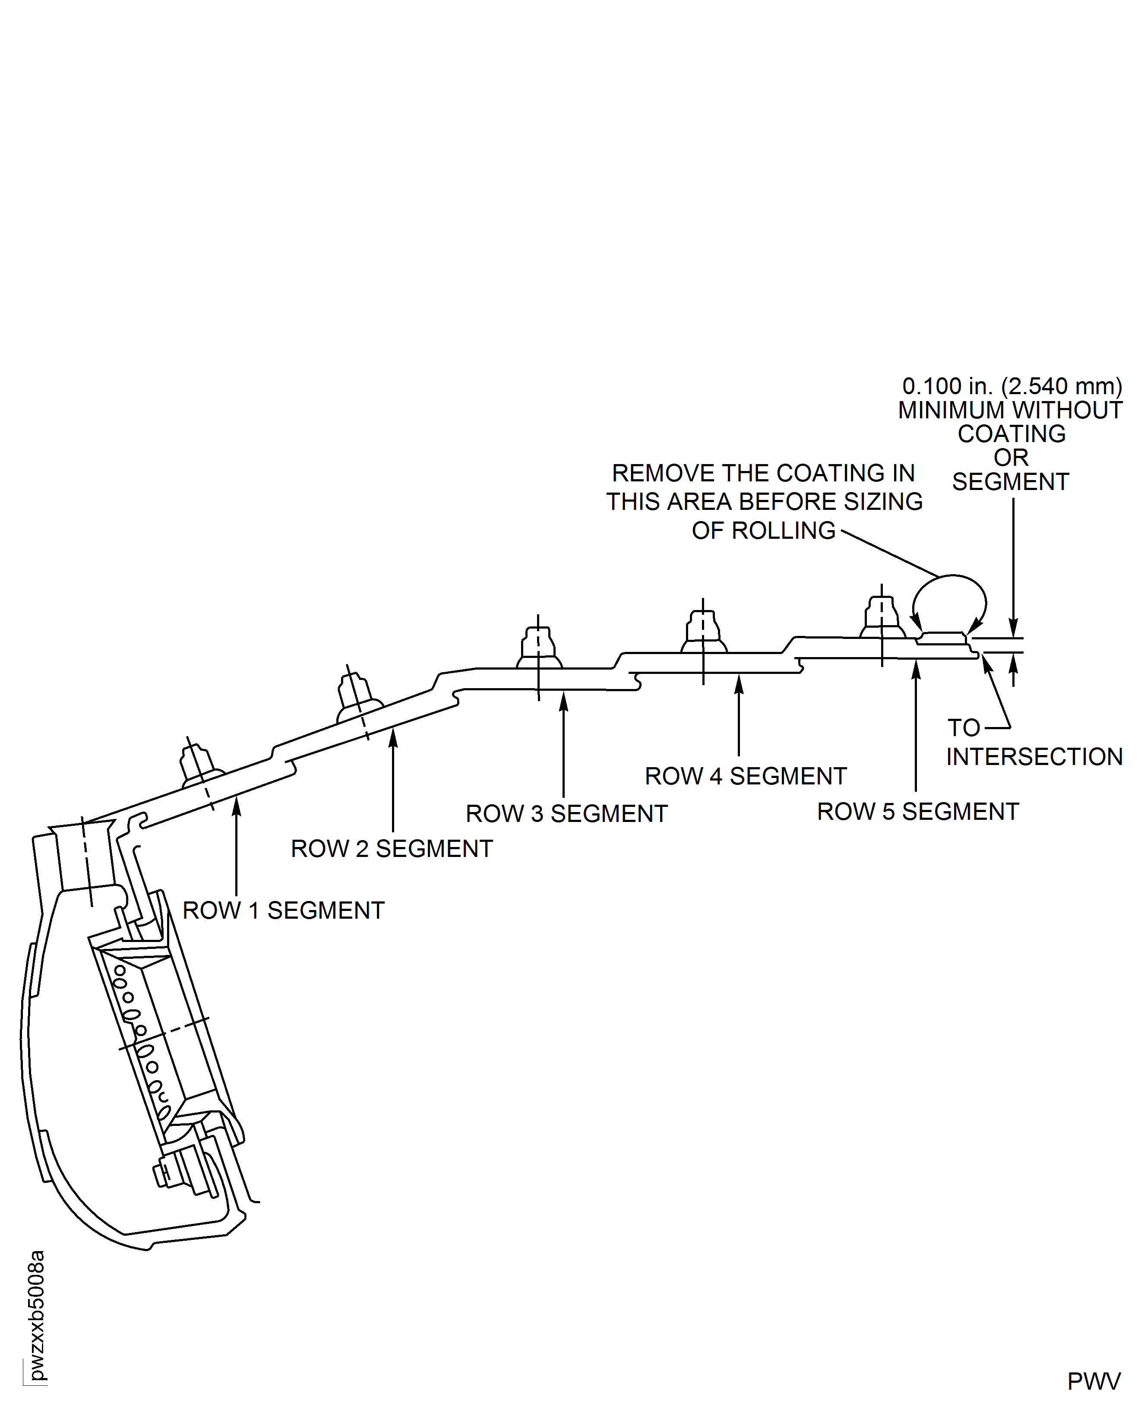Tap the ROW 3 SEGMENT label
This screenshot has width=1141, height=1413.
(x=566, y=814)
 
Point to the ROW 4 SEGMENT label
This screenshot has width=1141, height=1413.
(x=745, y=776)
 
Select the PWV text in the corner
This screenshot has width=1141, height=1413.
(x=1094, y=1381)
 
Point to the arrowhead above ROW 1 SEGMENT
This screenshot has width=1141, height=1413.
(x=237, y=805)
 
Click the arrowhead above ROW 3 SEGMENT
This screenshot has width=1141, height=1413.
(x=563, y=701)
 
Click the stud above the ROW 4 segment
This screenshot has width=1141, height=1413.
(x=703, y=629)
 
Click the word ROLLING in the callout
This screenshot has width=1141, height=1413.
(x=784, y=531)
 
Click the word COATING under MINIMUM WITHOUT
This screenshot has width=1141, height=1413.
(x=1011, y=434)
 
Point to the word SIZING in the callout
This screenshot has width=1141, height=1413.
(x=883, y=502)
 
